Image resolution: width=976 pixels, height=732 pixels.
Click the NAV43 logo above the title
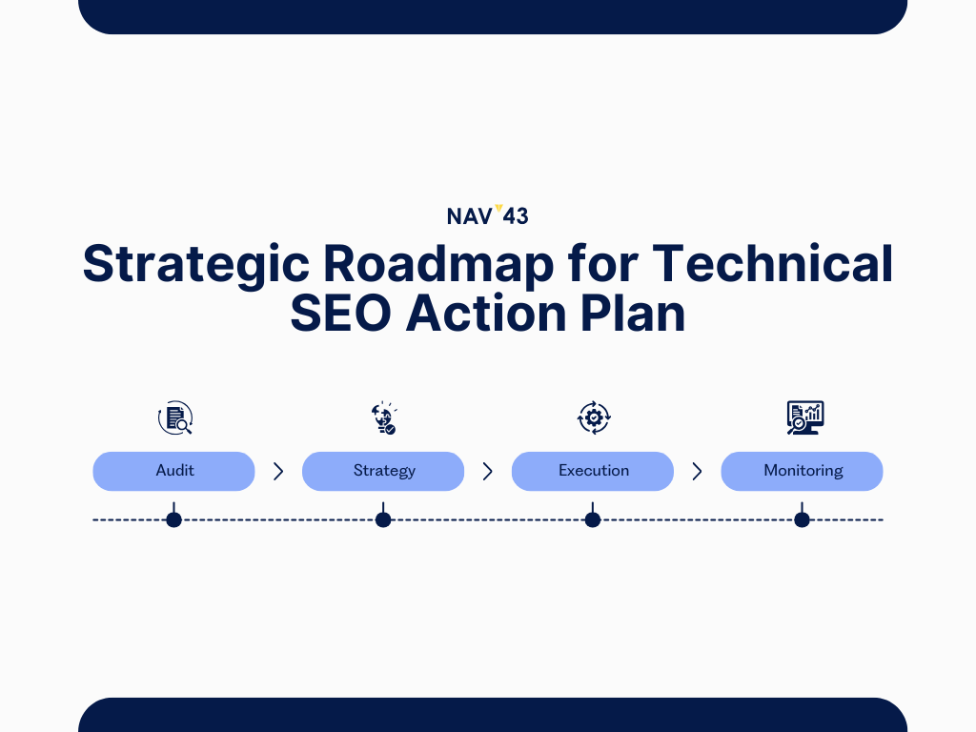(488, 214)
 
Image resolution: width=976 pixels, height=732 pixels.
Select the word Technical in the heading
(772, 263)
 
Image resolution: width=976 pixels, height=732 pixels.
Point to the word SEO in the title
(340, 313)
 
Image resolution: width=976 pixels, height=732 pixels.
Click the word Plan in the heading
(633, 313)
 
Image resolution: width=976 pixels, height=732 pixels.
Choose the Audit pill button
(173, 471)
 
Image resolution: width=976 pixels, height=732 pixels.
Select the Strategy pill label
(383, 471)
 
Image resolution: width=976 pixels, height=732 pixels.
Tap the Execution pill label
(593, 471)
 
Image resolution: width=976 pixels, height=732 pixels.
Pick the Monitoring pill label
(803, 471)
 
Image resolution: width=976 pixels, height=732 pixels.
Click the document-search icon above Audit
(175, 417)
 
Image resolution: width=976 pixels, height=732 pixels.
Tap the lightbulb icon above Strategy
(384, 417)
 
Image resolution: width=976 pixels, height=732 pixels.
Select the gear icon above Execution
(594, 417)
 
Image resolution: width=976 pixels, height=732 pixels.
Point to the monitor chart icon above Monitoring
(805, 417)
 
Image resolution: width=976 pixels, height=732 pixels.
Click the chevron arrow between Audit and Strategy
(278, 472)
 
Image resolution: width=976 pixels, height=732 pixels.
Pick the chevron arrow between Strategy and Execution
(488, 472)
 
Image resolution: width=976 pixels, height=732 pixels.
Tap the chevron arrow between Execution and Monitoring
(697, 472)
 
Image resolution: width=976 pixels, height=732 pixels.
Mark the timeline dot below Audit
(173, 519)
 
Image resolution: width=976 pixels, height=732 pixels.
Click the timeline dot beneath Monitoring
(802, 519)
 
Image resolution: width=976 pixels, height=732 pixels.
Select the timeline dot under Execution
(593, 519)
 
